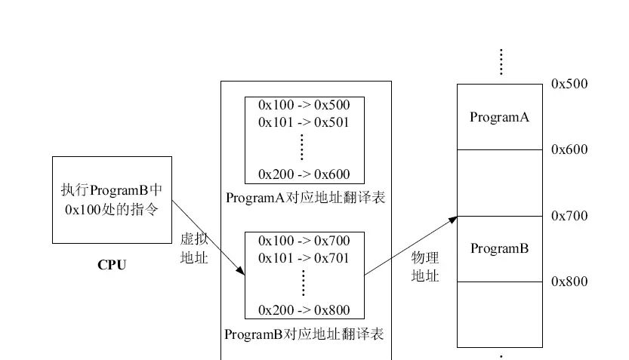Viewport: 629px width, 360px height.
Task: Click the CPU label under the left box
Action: [x=112, y=265]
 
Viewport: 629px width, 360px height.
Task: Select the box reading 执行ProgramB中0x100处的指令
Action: [x=112, y=199]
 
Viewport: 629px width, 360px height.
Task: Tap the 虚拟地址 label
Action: [x=193, y=248]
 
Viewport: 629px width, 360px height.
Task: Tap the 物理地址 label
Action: [x=424, y=266]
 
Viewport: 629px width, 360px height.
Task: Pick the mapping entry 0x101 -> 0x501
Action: [x=304, y=122]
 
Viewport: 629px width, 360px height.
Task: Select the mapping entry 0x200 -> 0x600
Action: [x=304, y=174]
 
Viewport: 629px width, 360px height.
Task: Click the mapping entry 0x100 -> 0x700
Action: [x=304, y=241]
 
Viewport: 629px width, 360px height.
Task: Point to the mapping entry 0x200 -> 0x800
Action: [x=304, y=309]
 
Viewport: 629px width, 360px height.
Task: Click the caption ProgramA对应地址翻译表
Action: [x=305, y=198]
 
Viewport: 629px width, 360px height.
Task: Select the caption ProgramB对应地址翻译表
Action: [x=305, y=334]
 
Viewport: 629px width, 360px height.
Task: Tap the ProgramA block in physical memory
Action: [x=499, y=117]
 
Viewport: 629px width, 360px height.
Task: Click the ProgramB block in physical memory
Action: [x=499, y=248]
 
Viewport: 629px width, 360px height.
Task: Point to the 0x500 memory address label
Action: [x=569, y=84]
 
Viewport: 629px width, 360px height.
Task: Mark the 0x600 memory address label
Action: [x=569, y=149]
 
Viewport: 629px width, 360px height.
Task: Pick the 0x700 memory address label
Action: [x=569, y=216]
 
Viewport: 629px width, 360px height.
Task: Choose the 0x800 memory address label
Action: [x=569, y=282]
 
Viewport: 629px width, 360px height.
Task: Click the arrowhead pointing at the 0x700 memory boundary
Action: [x=453, y=219]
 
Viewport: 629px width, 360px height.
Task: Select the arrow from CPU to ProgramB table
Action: [x=208, y=237]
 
